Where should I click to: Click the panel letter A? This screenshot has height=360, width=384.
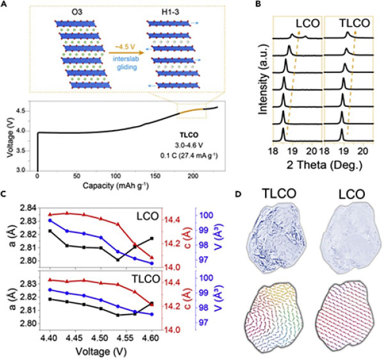[x=5, y=5]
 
